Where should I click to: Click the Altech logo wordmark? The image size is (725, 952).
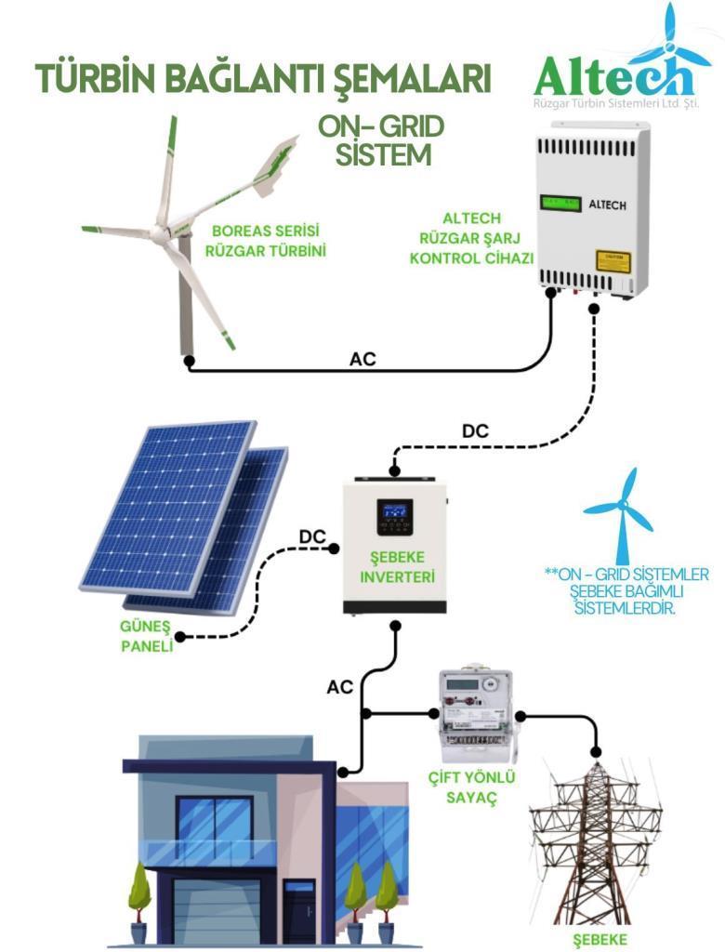pyautogui.click(x=614, y=76)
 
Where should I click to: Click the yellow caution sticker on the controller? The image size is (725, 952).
pyautogui.click(x=613, y=261)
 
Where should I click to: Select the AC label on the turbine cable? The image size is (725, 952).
pyautogui.click(x=362, y=359)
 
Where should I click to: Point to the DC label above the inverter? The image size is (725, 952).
pyautogui.click(x=475, y=431)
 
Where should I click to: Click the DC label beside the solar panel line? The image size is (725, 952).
pyautogui.click(x=312, y=537)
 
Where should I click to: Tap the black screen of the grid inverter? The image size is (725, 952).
pyautogui.click(x=395, y=517)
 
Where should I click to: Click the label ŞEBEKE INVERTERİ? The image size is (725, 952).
pyautogui.click(x=397, y=566)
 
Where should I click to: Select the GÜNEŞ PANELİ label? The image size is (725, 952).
pyautogui.click(x=146, y=636)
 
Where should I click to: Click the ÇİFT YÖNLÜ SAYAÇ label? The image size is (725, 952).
pyautogui.click(x=471, y=787)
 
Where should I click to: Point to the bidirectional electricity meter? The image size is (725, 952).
pyautogui.click(x=477, y=716)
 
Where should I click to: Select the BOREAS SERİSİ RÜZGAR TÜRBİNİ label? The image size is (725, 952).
pyautogui.click(x=265, y=241)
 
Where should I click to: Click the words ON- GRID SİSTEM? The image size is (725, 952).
pyautogui.click(x=381, y=141)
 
